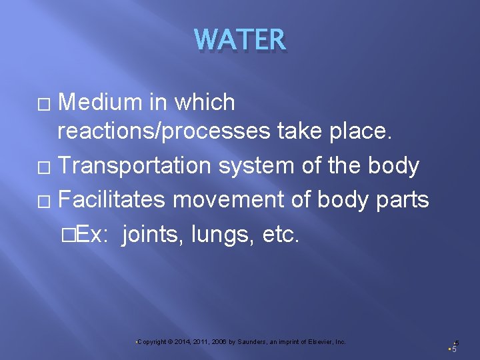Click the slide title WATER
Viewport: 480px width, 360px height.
pos(240,40)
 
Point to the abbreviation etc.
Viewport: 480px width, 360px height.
pos(273,233)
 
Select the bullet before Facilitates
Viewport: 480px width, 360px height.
pos(44,199)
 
